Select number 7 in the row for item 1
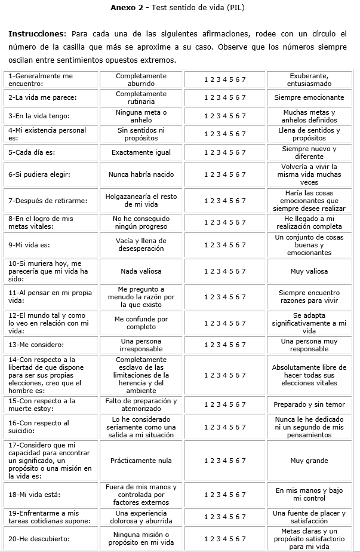pos(244,79)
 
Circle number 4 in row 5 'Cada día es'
pos(224,152)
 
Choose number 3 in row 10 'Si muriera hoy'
pos(218,271)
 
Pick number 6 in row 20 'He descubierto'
pos(238,539)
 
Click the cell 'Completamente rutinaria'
pos(141,97)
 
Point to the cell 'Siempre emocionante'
pos(309,97)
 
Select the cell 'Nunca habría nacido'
pos(141,174)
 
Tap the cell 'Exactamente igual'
pos(141,152)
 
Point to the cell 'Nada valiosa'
pos(141,271)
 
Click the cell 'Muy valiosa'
pos(309,271)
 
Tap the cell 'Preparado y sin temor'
pos(309,404)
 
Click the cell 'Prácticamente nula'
pos(141,461)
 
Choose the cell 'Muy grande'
pos(309,461)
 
